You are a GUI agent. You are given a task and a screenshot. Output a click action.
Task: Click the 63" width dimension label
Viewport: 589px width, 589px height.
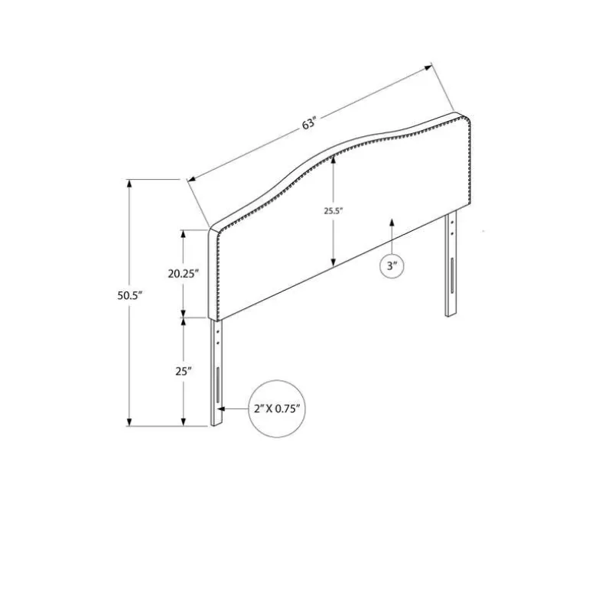click(310, 123)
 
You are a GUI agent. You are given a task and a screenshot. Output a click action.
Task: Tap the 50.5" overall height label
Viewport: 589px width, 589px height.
click(130, 295)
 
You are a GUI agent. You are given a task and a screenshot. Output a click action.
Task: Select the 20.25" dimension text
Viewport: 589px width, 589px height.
click(183, 274)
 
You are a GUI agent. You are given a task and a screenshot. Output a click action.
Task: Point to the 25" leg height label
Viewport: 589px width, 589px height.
click(184, 372)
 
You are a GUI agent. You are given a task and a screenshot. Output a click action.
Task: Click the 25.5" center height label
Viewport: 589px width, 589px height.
click(334, 211)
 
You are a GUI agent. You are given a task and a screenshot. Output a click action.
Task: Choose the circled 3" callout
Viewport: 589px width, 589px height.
click(392, 266)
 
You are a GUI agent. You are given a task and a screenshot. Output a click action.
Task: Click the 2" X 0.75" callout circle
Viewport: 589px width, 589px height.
click(277, 408)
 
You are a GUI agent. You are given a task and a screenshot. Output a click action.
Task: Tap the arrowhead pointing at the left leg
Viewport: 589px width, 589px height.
click(221, 408)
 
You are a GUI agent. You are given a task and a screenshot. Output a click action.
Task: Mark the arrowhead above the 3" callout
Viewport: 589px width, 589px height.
click(392, 222)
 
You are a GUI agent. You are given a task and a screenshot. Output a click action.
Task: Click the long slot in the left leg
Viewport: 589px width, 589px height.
click(217, 384)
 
